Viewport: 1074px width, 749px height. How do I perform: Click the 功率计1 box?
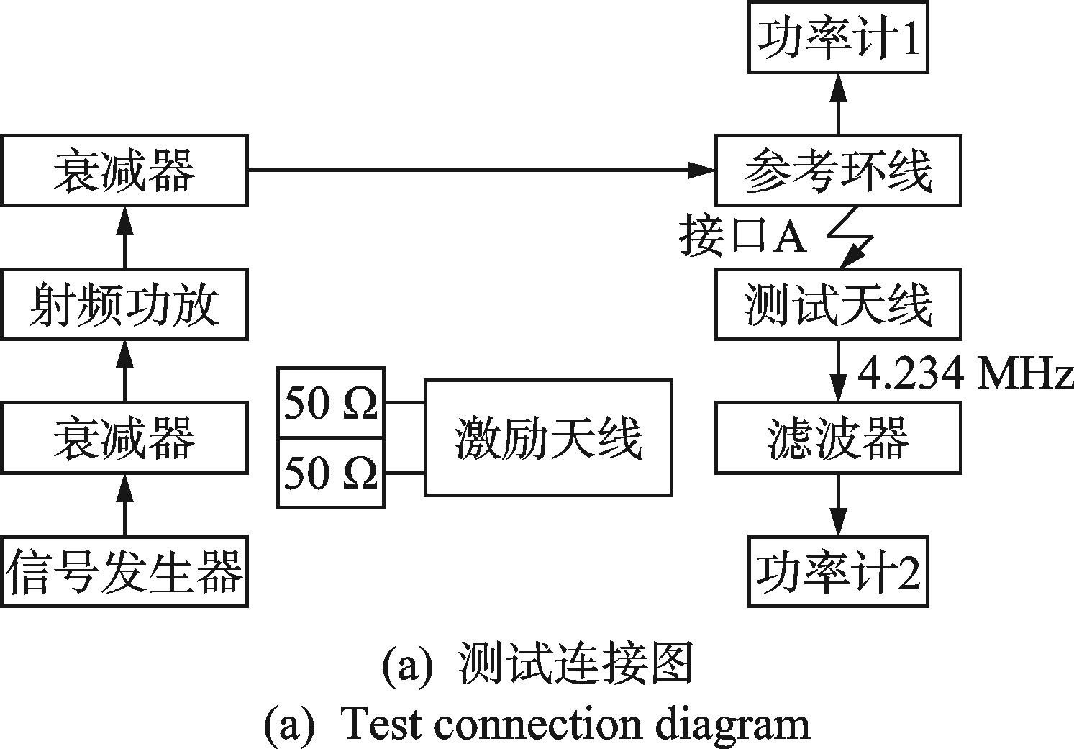click(838, 37)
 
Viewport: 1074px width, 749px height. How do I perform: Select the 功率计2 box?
click(838, 572)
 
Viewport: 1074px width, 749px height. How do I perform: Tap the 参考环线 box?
click(838, 170)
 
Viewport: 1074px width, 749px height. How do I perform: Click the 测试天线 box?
click(838, 304)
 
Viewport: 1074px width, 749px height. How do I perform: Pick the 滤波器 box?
click(838, 437)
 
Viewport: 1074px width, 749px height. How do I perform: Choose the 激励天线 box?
click(548, 437)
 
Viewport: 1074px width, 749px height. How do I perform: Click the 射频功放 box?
click(124, 304)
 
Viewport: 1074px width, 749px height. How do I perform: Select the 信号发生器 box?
click(124, 572)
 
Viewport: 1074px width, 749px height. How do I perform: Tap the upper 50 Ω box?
click(331, 402)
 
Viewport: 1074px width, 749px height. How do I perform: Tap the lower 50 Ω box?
click(331, 473)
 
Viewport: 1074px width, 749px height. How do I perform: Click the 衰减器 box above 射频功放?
click(124, 170)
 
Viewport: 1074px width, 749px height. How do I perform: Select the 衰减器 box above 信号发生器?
click(124, 437)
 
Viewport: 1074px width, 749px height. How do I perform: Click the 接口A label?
click(743, 236)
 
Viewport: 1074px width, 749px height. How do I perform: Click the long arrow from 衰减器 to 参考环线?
click(481, 170)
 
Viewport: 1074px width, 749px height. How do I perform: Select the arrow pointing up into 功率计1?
click(838, 104)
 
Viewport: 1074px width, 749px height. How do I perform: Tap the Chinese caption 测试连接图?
click(575, 663)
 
